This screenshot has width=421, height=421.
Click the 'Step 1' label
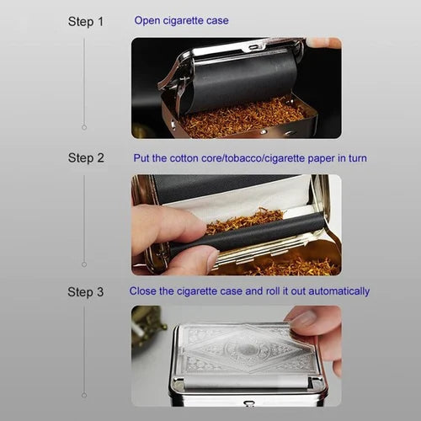pos(86,22)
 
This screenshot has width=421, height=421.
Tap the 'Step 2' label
pos(86,158)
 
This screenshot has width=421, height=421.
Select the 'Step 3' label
pos(86,292)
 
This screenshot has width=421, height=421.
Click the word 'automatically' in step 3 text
pos(339,291)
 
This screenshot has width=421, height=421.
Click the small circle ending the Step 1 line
pos(84,127)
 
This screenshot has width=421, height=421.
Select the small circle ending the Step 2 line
pos(84,264)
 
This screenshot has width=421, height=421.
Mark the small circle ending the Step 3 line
pos(84,396)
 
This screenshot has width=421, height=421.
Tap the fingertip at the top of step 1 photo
pos(323,43)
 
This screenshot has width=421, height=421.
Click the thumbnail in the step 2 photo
pos(212,258)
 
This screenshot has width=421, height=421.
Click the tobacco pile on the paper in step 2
pos(243,220)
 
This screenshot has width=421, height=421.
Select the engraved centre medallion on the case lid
pos(247,349)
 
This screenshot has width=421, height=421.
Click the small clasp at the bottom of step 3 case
pos(248,403)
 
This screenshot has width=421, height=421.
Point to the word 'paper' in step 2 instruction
pos(322,159)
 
